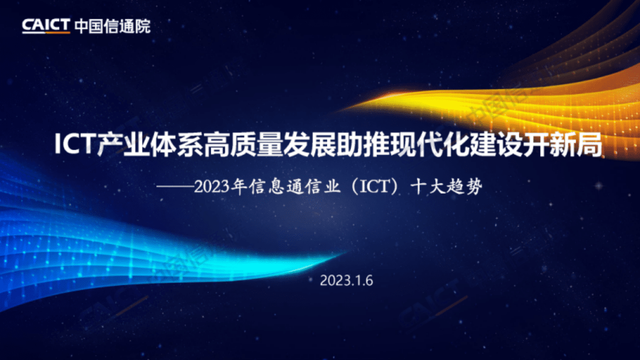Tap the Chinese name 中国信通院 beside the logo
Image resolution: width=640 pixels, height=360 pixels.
coord(112,25)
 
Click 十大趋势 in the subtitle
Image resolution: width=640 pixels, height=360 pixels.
coord(446,187)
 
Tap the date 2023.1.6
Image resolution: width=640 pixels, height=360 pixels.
coord(346,281)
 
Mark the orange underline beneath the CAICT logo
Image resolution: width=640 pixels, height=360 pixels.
coord(46,33)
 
